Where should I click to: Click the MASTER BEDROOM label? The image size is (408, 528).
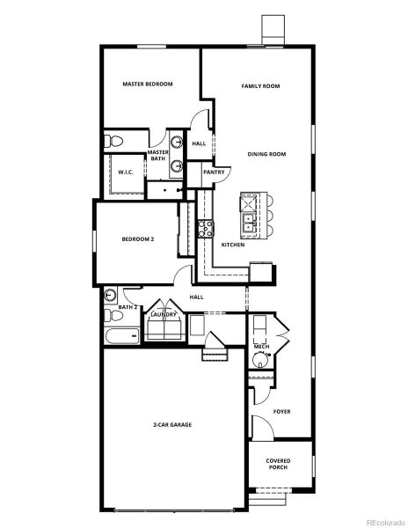(147, 84)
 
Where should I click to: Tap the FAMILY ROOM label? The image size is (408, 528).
(261, 86)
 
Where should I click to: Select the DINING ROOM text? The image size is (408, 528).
(266, 154)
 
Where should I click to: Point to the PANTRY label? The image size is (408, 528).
(214, 172)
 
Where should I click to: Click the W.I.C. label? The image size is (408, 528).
(126, 172)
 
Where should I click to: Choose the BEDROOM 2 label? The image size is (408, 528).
(138, 238)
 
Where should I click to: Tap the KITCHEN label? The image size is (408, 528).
(233, 245)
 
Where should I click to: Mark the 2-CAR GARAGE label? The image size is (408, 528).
(172, 425)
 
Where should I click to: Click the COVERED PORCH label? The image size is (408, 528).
(279, 464)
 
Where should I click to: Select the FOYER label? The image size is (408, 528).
(282, 411)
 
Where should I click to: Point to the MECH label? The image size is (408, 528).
(261, 348)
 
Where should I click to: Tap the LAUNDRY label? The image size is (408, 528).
(164, 314)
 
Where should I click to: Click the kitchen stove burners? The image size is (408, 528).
(207, 230)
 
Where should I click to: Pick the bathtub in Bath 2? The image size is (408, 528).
(121, 335)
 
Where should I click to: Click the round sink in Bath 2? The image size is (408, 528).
(111, 295)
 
